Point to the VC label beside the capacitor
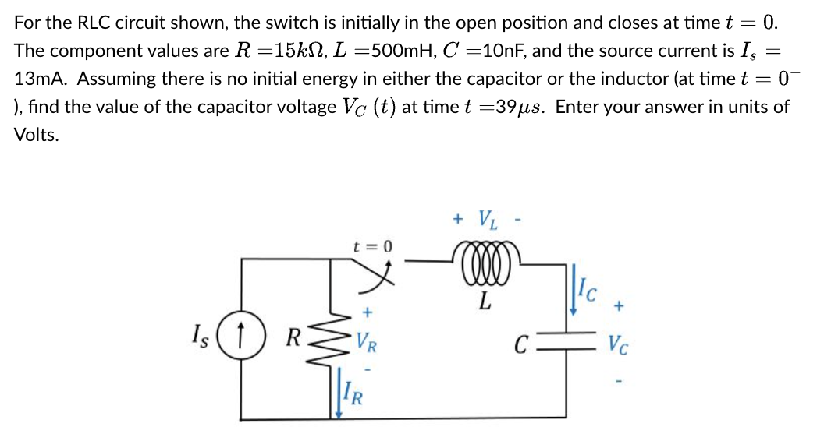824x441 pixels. pyautogui.click(x=620, y=342)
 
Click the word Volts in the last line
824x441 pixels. pyautogui.click(x=37, y=134)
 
